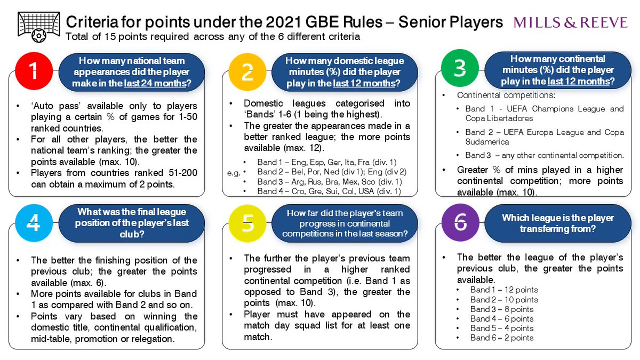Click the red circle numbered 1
point(34,72)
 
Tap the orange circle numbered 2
point(247,72)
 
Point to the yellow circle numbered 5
point(247,224)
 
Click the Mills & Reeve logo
point(571,22)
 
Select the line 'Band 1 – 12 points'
point(503,290)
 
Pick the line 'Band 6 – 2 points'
point(501,338)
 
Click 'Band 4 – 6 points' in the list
point(501,318)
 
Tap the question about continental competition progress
point(346,223)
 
